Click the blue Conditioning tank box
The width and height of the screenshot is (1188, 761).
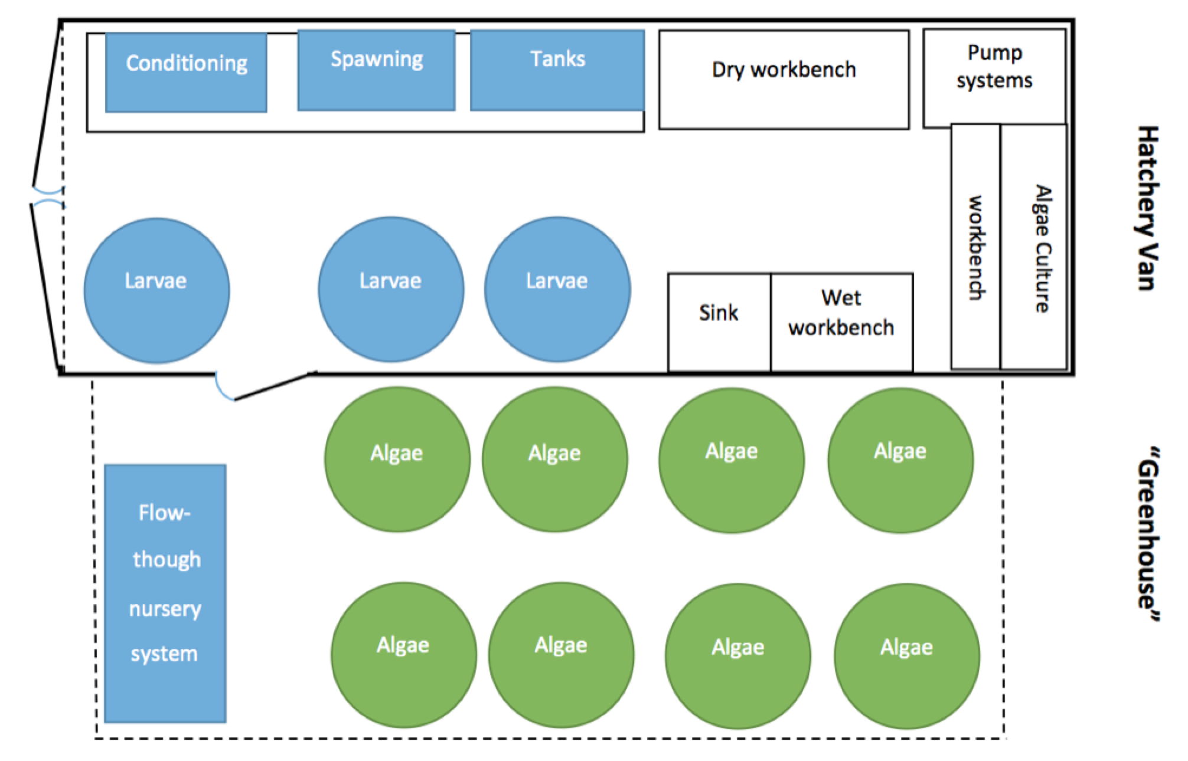(186, 73)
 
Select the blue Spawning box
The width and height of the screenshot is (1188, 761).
(376, 70)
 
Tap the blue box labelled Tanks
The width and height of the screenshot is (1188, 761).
(557, 70)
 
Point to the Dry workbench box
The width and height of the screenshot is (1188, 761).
(784, 80)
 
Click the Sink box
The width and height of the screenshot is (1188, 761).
(719, 322)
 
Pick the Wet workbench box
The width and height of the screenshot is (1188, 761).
(841, 322)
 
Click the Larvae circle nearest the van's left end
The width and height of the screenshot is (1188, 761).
(156, 290)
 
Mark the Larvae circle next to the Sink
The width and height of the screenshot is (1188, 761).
(557, 289)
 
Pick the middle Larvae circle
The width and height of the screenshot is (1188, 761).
(391, 289)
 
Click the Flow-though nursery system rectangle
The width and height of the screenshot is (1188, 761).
(165, 593)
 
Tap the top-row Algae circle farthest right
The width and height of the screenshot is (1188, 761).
(900, 460)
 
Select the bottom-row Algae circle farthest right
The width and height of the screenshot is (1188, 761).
(907, 655)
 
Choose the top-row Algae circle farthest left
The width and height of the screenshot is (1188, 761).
(397, 459)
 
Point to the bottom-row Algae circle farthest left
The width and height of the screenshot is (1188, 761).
(404, 654)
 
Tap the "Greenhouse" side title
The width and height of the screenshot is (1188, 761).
(1147, 534)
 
